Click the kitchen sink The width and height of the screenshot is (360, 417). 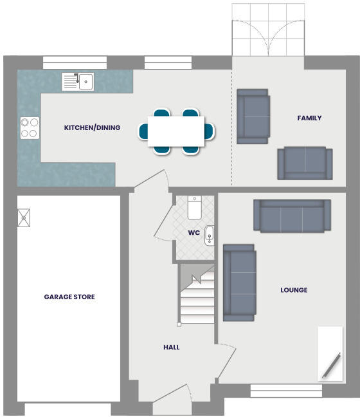tap(78, 82)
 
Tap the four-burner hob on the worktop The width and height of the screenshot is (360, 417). tap(29, 127)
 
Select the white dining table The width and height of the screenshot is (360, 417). tap(176, 131)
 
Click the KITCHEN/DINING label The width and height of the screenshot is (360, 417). tap(92, 127)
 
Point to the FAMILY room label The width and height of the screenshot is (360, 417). tap(309, 118)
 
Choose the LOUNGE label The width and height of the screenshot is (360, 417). tap(294, 290)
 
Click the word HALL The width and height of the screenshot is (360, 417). tap(172, 347)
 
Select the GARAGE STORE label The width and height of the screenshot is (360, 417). tap(69, 297)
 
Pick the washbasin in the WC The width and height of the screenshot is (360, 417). tap(209, 236)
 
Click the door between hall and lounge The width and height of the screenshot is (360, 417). tap(226, 357)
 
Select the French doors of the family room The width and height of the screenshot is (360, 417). tap(267, 30)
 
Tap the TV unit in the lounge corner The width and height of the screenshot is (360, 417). tap(330, 354)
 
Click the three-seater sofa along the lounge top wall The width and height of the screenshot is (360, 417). tap(292, 216)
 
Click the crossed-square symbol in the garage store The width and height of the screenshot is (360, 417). tap(24, 217)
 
